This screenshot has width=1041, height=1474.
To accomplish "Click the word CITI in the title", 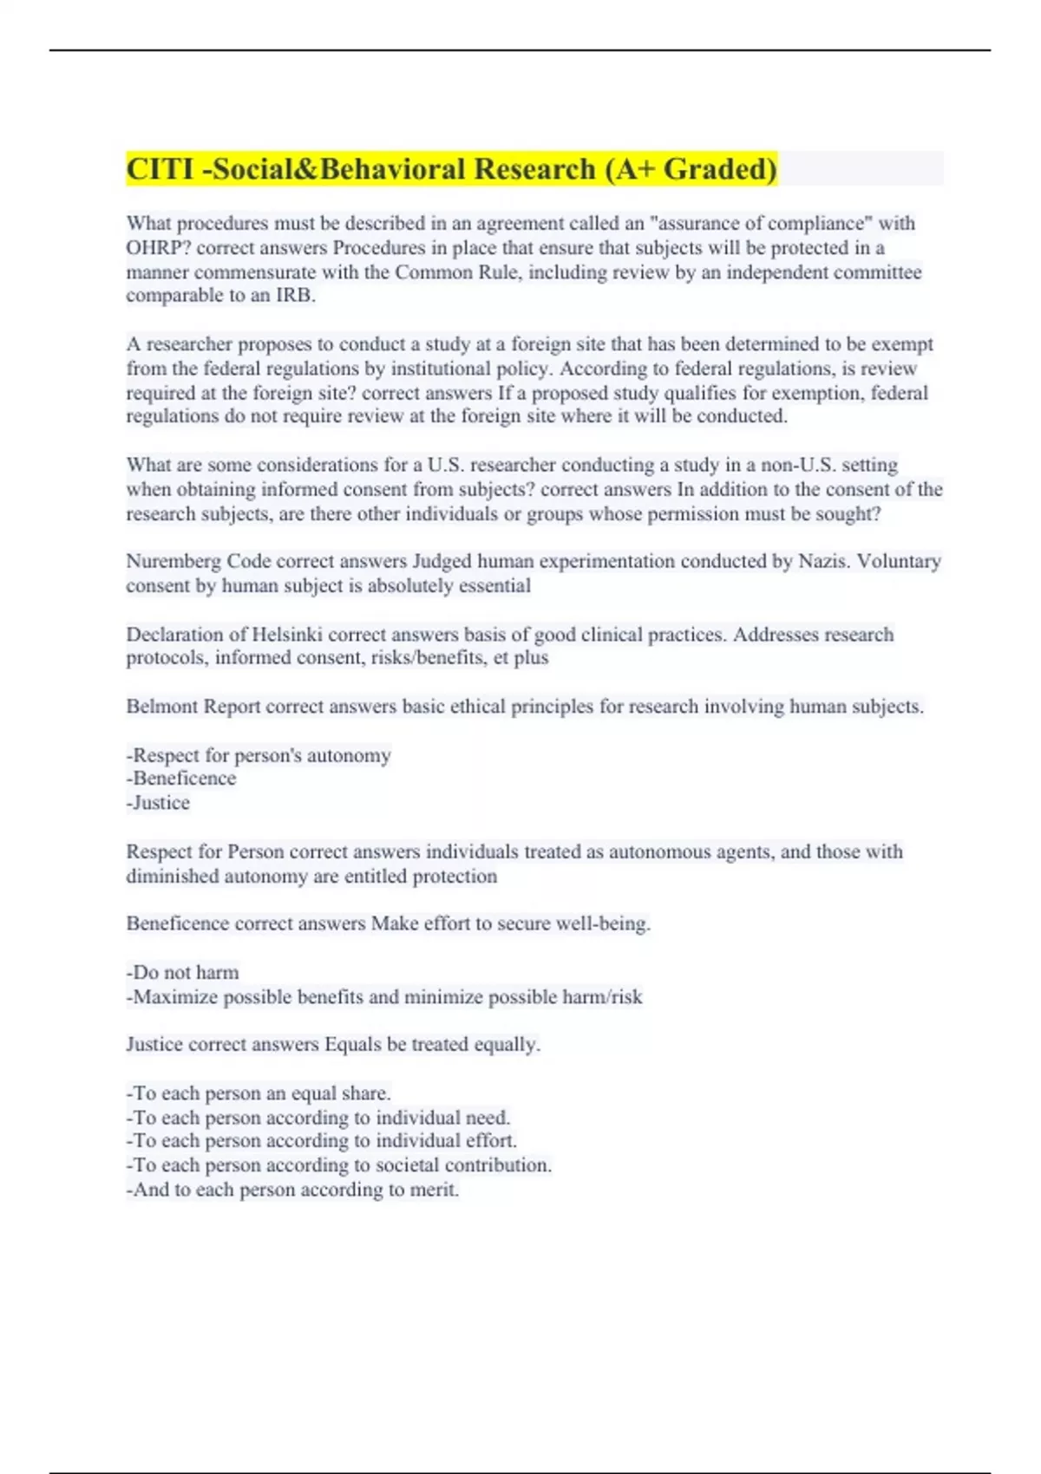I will [x=160, y=169].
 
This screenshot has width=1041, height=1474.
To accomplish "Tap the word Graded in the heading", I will [x=719, y=169].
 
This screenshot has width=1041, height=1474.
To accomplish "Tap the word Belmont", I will [x=162, y=707].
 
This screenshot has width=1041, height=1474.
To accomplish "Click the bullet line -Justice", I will [x=158, y=803].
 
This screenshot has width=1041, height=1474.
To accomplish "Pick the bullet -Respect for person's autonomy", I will [x=259, y=756].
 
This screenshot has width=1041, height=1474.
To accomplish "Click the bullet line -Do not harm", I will [x=182, y=973].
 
